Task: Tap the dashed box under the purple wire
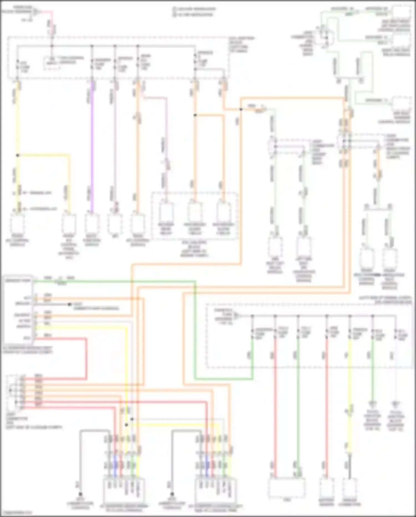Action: pos(92,224)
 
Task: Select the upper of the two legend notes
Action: pos(194,9)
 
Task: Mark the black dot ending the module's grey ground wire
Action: pos(69,304)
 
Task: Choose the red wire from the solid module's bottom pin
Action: pos(64,339)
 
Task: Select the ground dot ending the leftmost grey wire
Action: pos(80,494)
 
